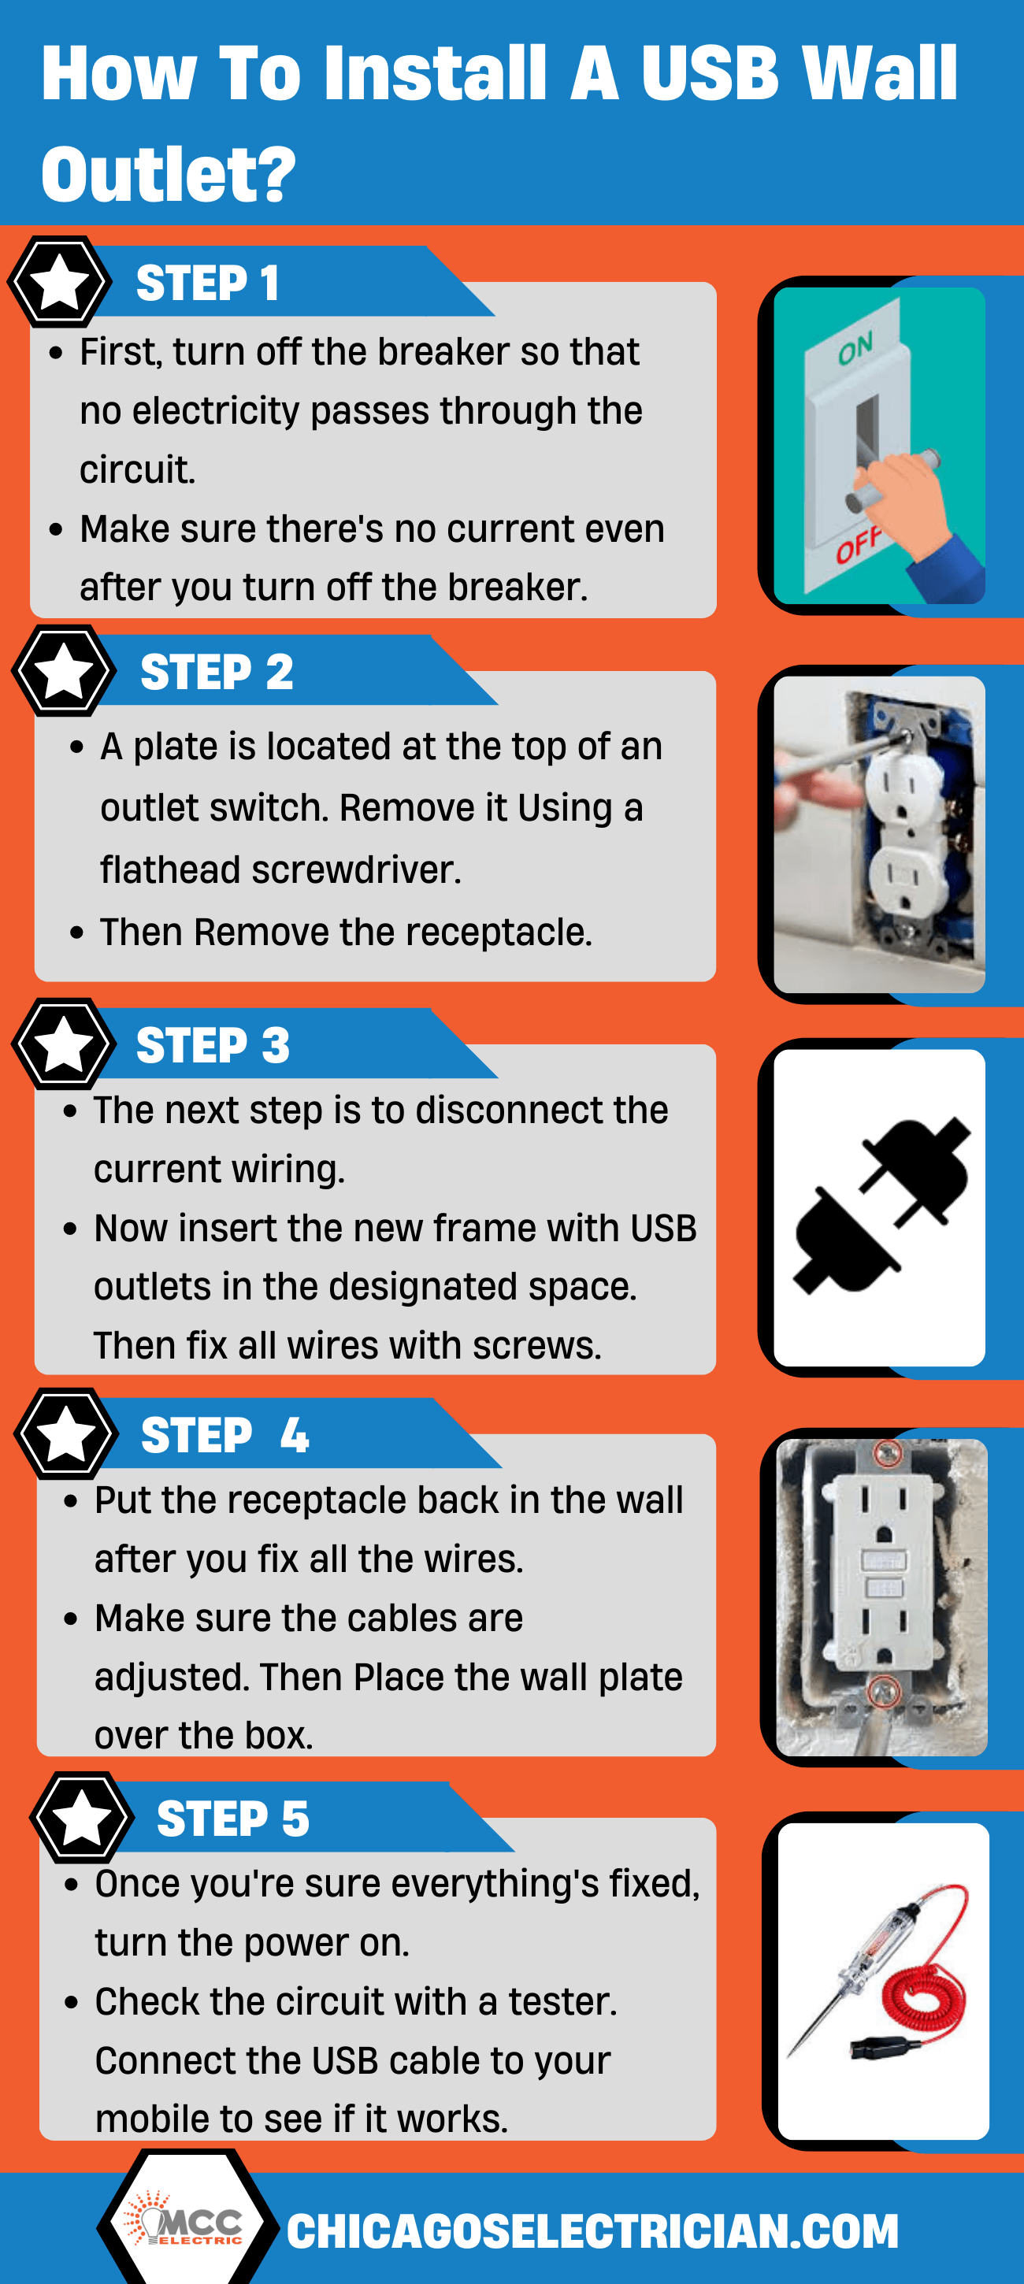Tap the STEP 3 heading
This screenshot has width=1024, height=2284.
point(213,1045)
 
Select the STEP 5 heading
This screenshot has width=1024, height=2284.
point(232,1819)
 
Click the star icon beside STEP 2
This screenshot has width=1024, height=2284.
point(64,671)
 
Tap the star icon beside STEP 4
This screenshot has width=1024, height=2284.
point(66,1433)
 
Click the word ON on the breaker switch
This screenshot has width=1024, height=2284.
point(855,348)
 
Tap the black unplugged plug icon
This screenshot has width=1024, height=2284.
point(880,1206)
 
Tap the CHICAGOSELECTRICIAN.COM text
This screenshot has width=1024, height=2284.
point(592,2232)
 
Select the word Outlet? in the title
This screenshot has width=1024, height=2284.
point(169,174)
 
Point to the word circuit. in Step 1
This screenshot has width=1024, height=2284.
point(136,470)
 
